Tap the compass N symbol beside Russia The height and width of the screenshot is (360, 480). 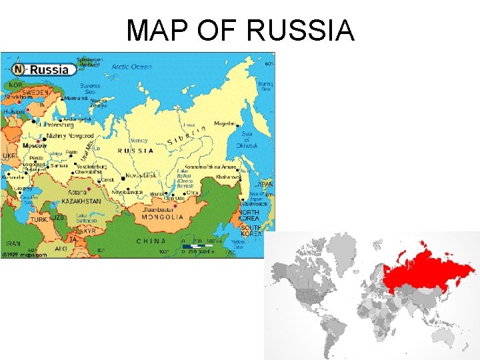click(x=18, y=69)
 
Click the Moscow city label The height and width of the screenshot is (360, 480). click(x=35, y=145)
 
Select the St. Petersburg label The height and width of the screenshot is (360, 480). click(x=57, y=123)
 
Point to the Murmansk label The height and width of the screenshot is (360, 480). click(x=75, y=98)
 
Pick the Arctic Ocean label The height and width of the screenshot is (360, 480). click(x=133, y=67)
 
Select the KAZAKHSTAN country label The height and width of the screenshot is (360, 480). click(x=83, y=201)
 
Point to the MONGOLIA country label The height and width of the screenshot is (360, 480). click(x=163, y=217)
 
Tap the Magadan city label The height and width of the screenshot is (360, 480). click(x=225, y=123)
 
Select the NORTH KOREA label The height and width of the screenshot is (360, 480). click(x=250, y=216)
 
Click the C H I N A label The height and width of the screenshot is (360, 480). click(x=151, y=241)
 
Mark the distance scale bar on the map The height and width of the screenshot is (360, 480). click(x=197, y=247)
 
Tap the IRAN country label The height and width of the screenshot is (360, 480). click(x=14, y=243)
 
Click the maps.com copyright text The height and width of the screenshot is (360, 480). click(x=20, y=255)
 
